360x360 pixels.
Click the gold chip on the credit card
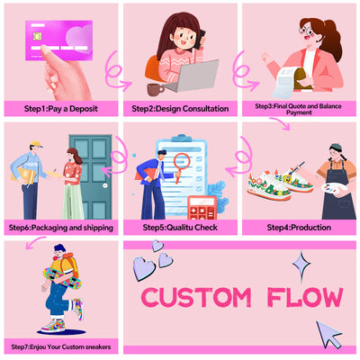coord(38,36)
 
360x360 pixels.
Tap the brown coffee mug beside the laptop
coord(155,90)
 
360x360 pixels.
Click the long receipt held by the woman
coord(289,82)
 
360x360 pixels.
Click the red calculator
coord(202,208)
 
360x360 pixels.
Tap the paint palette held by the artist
coord(334,189)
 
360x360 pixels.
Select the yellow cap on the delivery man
coord(36,144)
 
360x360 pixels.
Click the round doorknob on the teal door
coord(105,185)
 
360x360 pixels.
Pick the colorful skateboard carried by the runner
coord(62,278)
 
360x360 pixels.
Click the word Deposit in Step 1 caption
coord(84,109)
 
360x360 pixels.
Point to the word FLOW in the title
coord(305,298)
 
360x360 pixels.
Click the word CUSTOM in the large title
coord(196,298)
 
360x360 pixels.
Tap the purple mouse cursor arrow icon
coord(328,334)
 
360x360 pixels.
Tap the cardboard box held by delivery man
coord(22,175)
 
